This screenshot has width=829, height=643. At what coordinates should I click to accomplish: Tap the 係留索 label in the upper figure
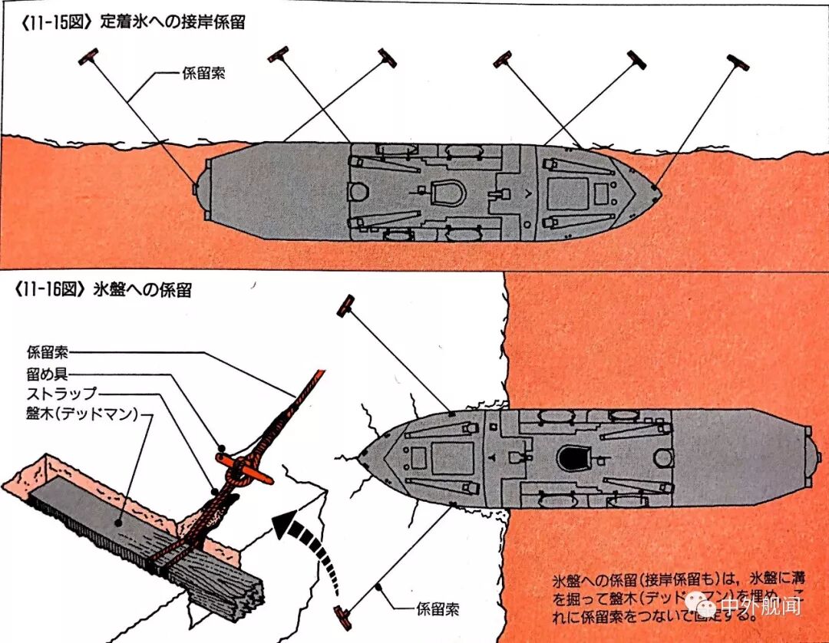(x=203, y=74)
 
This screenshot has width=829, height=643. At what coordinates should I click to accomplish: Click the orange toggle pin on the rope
(x=244, y=470)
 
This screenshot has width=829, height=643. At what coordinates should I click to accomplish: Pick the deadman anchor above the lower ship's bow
(x=346, y=305)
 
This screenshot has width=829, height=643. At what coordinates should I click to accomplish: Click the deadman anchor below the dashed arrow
(x=343, y=615)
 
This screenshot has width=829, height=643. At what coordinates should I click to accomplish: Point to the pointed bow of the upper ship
(x=655, y=187)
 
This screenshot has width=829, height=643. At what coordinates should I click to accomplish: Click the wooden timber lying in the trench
(x=115, y=529)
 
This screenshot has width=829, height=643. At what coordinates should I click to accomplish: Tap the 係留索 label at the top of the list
(x=47, y=354)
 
